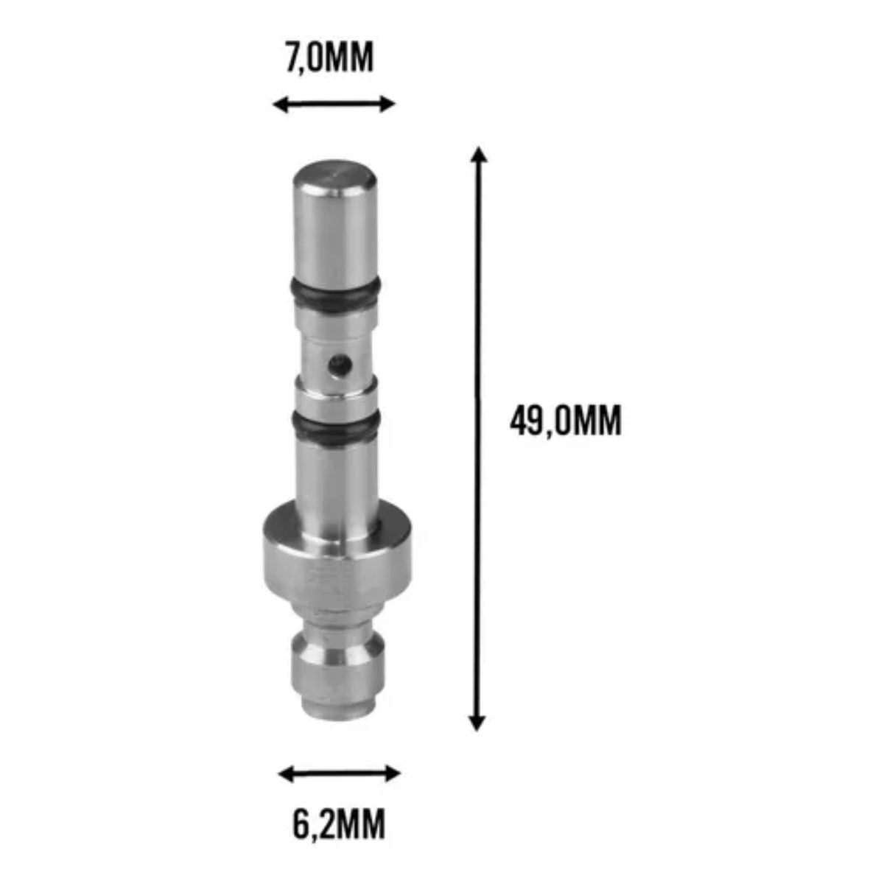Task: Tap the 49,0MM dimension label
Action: click(565, 420)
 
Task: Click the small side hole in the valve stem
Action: click(340, 365)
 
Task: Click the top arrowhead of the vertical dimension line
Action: click(480, 154)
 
